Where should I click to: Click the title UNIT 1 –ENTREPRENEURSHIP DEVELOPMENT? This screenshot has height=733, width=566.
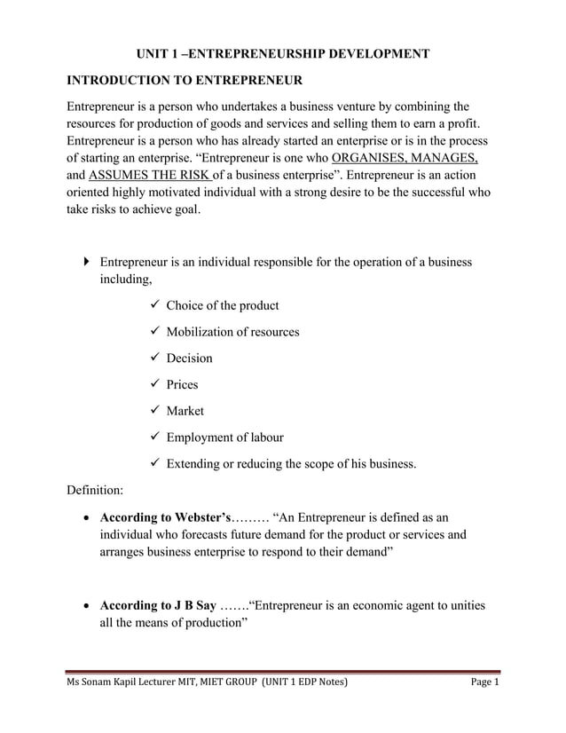coord(282,54)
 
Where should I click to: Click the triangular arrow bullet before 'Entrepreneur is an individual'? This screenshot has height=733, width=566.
coord(85,263)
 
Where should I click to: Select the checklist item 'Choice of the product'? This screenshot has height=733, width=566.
coord(222,305)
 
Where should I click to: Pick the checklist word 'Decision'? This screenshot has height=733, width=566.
coord(189,359)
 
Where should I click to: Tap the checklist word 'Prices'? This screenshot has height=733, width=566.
coord(182,384)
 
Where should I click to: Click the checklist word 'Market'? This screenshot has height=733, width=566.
coord(185,411)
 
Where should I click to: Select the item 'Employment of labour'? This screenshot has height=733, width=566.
coord(224,437)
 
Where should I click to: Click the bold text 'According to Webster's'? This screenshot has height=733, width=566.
coord(165,516)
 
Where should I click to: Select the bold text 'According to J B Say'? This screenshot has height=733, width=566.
coord(158,606)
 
